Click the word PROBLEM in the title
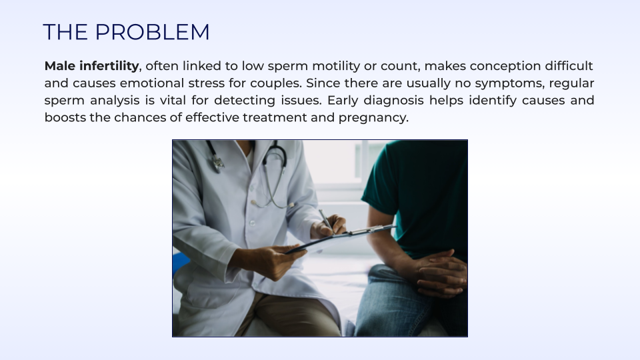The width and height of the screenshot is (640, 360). (152, 32)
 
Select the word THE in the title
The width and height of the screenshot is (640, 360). (65, 32)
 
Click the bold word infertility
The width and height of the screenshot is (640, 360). (109, 66)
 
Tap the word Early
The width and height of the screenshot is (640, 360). (343, 101)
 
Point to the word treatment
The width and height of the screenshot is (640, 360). (275, 117)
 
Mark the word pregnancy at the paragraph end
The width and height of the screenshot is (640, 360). (373, 118)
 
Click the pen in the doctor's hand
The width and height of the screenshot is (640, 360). (326, 221)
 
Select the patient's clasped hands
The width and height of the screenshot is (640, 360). (441, 273)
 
